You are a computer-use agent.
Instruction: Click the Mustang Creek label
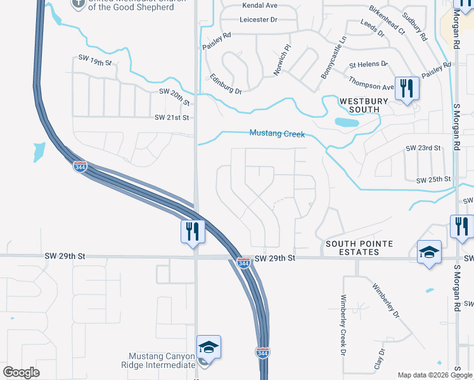coord(277,134)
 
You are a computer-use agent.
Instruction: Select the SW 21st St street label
coord(172,118)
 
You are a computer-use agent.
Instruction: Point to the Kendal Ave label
coord(260,5)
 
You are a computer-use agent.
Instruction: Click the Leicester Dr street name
coord(259,20)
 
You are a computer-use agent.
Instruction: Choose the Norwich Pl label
coord(282,60)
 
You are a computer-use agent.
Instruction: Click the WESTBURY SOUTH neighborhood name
coord(359,105)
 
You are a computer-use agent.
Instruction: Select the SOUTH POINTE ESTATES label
coord(359,248)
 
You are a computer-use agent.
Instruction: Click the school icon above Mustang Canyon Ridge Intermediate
coord(208,346)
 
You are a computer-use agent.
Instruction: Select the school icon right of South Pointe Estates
coord(429,252)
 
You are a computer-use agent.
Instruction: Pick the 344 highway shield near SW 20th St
coord(80,167)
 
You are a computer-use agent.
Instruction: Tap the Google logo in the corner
coord(21,372)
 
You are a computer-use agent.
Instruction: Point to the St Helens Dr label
coord(368,64)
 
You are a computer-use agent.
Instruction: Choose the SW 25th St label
coord(433,180)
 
